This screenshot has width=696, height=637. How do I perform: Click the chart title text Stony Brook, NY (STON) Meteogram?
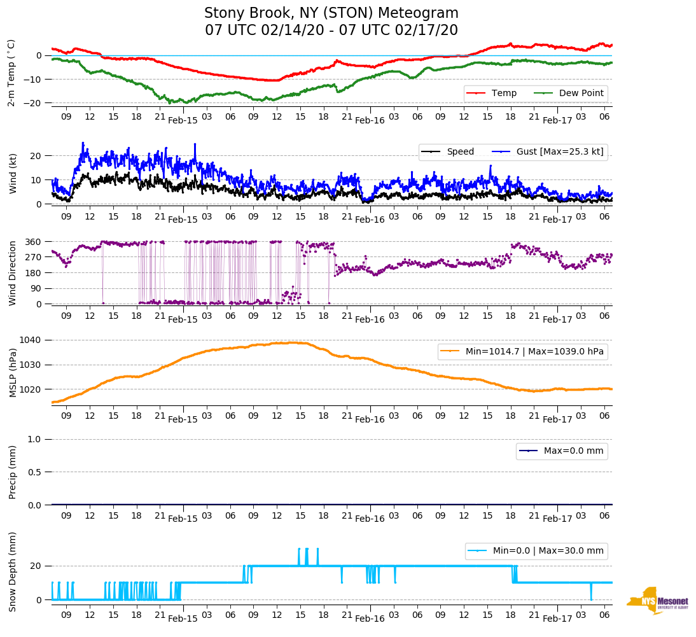(x=331, y=13)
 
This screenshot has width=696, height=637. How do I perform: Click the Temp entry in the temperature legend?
(x=503, y=94)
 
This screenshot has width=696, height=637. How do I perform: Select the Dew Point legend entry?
(x=580, y=94)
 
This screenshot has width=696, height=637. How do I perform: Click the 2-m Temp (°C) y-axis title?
(x=11, y=73)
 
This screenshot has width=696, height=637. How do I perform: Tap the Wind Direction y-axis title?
(x=13, y=273)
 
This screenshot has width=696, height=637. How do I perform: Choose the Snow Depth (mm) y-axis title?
(x=13, y=572)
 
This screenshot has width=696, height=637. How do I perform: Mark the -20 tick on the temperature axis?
(x=34, y=103)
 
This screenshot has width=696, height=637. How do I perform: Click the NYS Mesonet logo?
(x=657, y=601)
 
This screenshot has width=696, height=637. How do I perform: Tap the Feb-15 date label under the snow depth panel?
(x=183, y=619)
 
